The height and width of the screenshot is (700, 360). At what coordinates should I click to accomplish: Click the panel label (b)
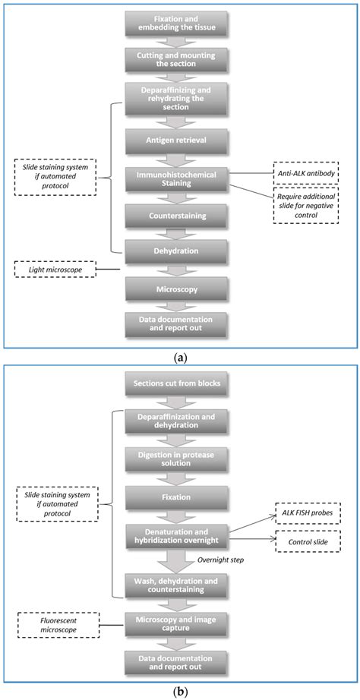pyautogui.click(x=180, y=692)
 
